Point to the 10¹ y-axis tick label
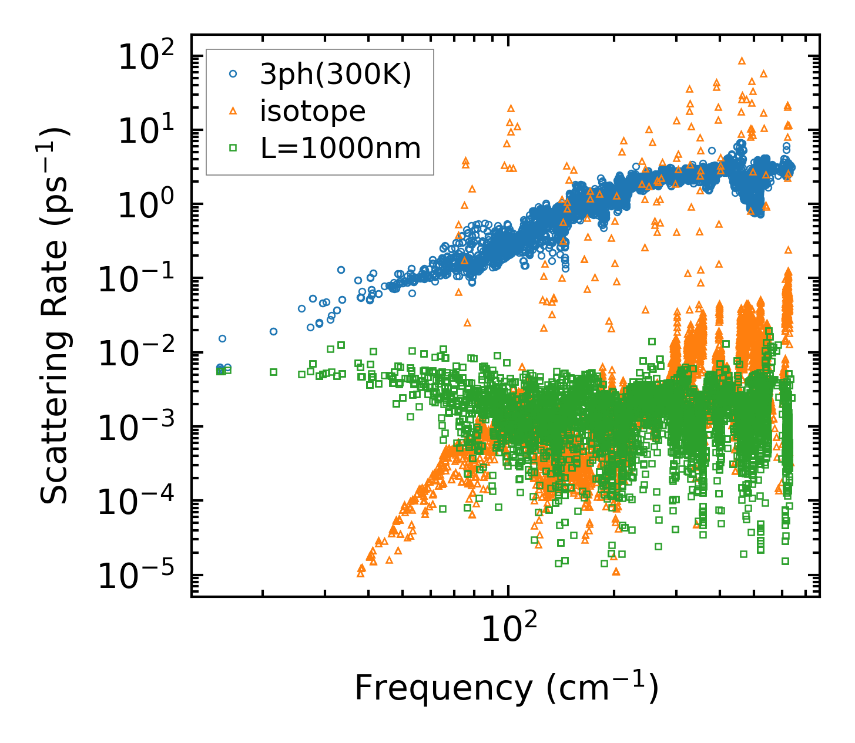[x=151, y=131]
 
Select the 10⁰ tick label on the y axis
[x=151, y=205]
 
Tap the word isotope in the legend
[x=313, y=111]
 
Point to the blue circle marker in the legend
[x=233, y=74]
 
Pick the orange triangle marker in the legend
[x=233, y=111]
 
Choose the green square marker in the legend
[x=233, y=148]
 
